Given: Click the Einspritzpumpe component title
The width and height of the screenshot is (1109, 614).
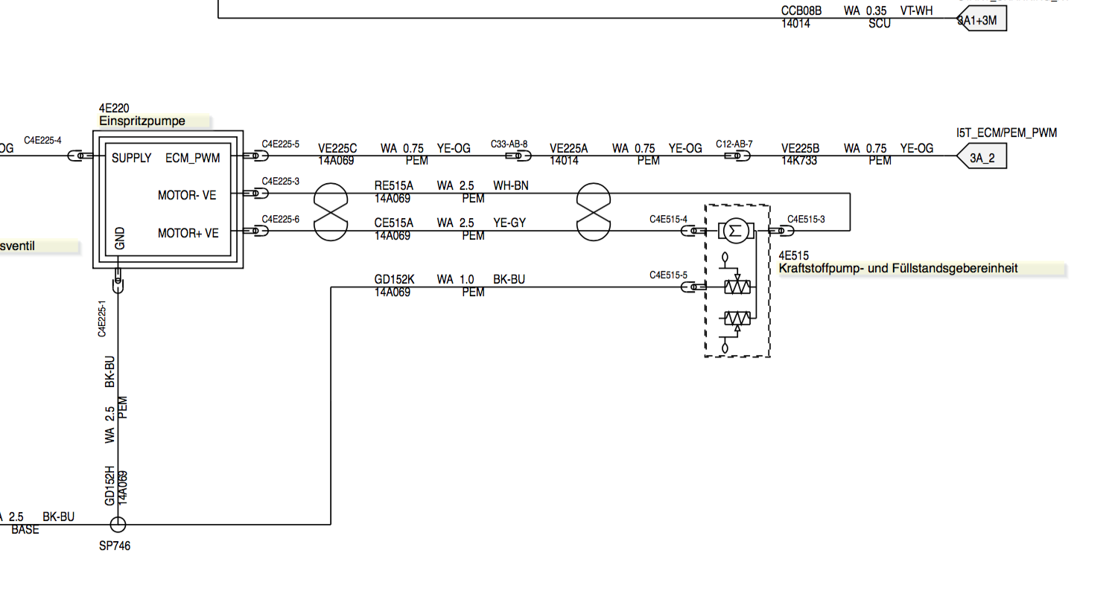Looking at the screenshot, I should [142, 121].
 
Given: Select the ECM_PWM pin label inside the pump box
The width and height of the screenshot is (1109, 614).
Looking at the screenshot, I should [192, 158].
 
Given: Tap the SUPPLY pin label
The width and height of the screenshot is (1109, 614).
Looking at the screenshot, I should [131, 158].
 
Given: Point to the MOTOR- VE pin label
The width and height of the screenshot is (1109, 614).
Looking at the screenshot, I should [186, 195].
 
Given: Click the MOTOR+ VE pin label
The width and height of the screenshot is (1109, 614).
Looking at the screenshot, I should [188, 233].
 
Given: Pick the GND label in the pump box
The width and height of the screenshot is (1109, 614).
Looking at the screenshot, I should [120, 238].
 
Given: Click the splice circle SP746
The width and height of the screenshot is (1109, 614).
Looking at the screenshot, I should [118, 525].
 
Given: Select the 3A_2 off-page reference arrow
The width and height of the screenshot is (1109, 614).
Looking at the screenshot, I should [982, 158].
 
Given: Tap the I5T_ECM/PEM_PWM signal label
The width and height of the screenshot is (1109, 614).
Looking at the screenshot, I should [1006, 132].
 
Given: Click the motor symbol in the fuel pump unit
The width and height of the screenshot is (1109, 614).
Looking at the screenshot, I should [736, 231].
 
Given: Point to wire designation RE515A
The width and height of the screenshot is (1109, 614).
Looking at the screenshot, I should [393, 185].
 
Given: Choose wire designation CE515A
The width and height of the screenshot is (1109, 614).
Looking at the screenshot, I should [393, 223].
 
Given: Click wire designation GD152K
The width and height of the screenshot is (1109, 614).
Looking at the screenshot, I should [394, 279].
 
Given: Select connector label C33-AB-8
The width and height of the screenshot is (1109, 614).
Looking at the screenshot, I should [509, 144].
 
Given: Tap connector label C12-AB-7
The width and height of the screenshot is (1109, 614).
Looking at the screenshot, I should [734, 144].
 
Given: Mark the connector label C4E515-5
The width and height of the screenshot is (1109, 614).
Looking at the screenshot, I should [668, 275].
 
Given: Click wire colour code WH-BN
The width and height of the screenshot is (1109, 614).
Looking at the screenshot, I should [510, 185].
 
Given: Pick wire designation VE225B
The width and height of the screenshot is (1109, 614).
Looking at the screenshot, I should [800, 148].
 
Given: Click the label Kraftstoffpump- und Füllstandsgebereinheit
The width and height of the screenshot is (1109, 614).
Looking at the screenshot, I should [897, 268].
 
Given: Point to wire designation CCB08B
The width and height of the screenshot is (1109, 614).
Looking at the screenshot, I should [801, 10].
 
